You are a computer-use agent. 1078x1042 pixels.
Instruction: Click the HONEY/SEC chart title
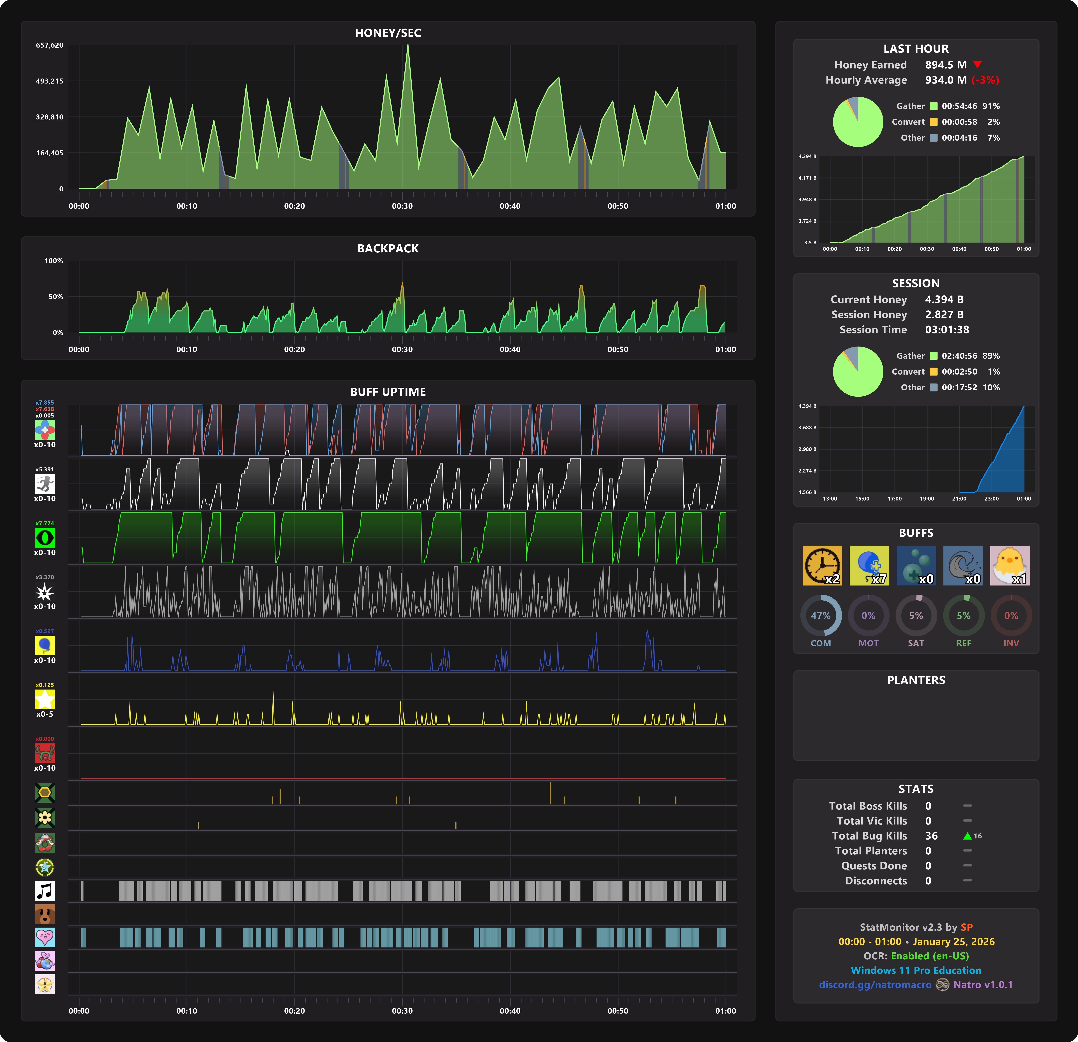click(x=388, y=33)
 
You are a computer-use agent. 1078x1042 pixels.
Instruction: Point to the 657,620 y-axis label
click(x=50, y=45)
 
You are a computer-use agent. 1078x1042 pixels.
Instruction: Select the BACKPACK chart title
click(x=388, y=248)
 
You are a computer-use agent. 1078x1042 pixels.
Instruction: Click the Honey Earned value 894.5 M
click(x=945, y=65)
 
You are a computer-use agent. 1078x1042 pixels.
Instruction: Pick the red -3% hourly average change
click(x=985, y=80)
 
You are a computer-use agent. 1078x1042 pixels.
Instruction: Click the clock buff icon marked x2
click(x=822, y=565)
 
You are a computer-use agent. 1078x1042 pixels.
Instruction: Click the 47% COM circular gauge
click(x=821, y=616)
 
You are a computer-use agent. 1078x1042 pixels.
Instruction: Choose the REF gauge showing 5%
click(x=963, y=616)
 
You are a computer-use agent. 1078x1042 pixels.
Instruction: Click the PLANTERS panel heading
click(x=916, y=680)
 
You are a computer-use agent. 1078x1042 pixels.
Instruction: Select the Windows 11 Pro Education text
click(x=916, y=970)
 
